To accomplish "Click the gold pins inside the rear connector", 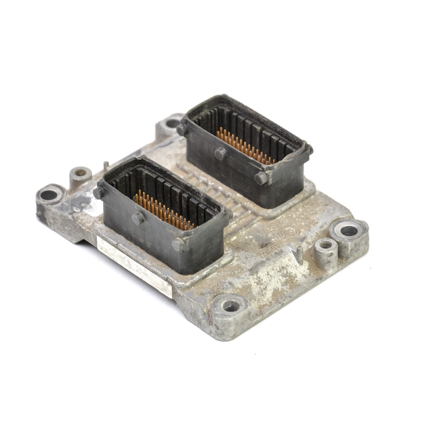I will coord(244,147).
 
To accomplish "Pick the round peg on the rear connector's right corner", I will coord(259,178).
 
